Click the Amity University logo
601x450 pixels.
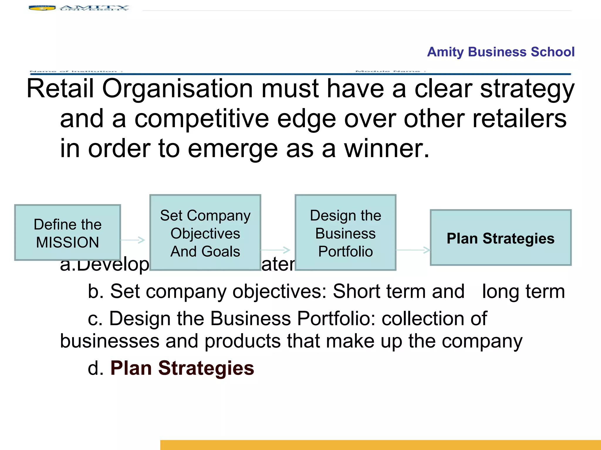[x=79, y=8]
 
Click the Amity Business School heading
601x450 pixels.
[x=500, y=52]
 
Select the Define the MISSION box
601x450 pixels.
[x=67, y=232]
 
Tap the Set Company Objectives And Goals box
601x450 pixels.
[x=205, y=233]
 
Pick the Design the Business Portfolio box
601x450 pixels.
[x=345, y=233]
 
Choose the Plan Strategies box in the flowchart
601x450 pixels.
[x=500, y=238]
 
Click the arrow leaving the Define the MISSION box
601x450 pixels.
[x=133, y=240]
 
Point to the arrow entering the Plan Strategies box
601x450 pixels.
[x=413, y=250]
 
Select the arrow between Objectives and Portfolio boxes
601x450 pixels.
[x=275, y=250]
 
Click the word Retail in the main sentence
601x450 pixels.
[x=60, y=88]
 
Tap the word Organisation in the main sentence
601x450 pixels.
[x=177, y=88]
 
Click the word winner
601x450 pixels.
[x=386, y=149]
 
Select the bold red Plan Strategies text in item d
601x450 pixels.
[x=182, y=368]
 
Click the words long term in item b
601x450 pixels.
[x=523, y=291]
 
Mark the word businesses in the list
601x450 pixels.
[x=110, y=341]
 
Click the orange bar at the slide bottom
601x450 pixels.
[x=380, y=445]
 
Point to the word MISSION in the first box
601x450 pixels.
[x=67, y=242]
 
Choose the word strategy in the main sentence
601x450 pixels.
[x=527, y=88]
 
